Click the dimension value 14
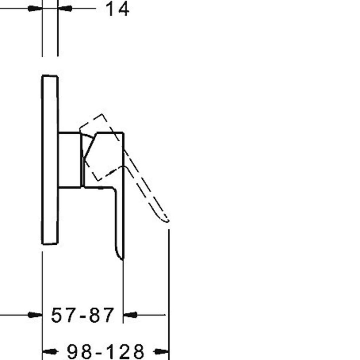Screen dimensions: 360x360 pos(117,9)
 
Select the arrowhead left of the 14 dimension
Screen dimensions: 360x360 pos(35,9)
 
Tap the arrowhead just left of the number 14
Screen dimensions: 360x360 pos(65,9)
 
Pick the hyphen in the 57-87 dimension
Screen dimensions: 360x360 pos(83,316)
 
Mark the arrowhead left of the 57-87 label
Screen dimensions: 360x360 pos(35,315)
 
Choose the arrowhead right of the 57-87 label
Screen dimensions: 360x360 pos(130,315)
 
